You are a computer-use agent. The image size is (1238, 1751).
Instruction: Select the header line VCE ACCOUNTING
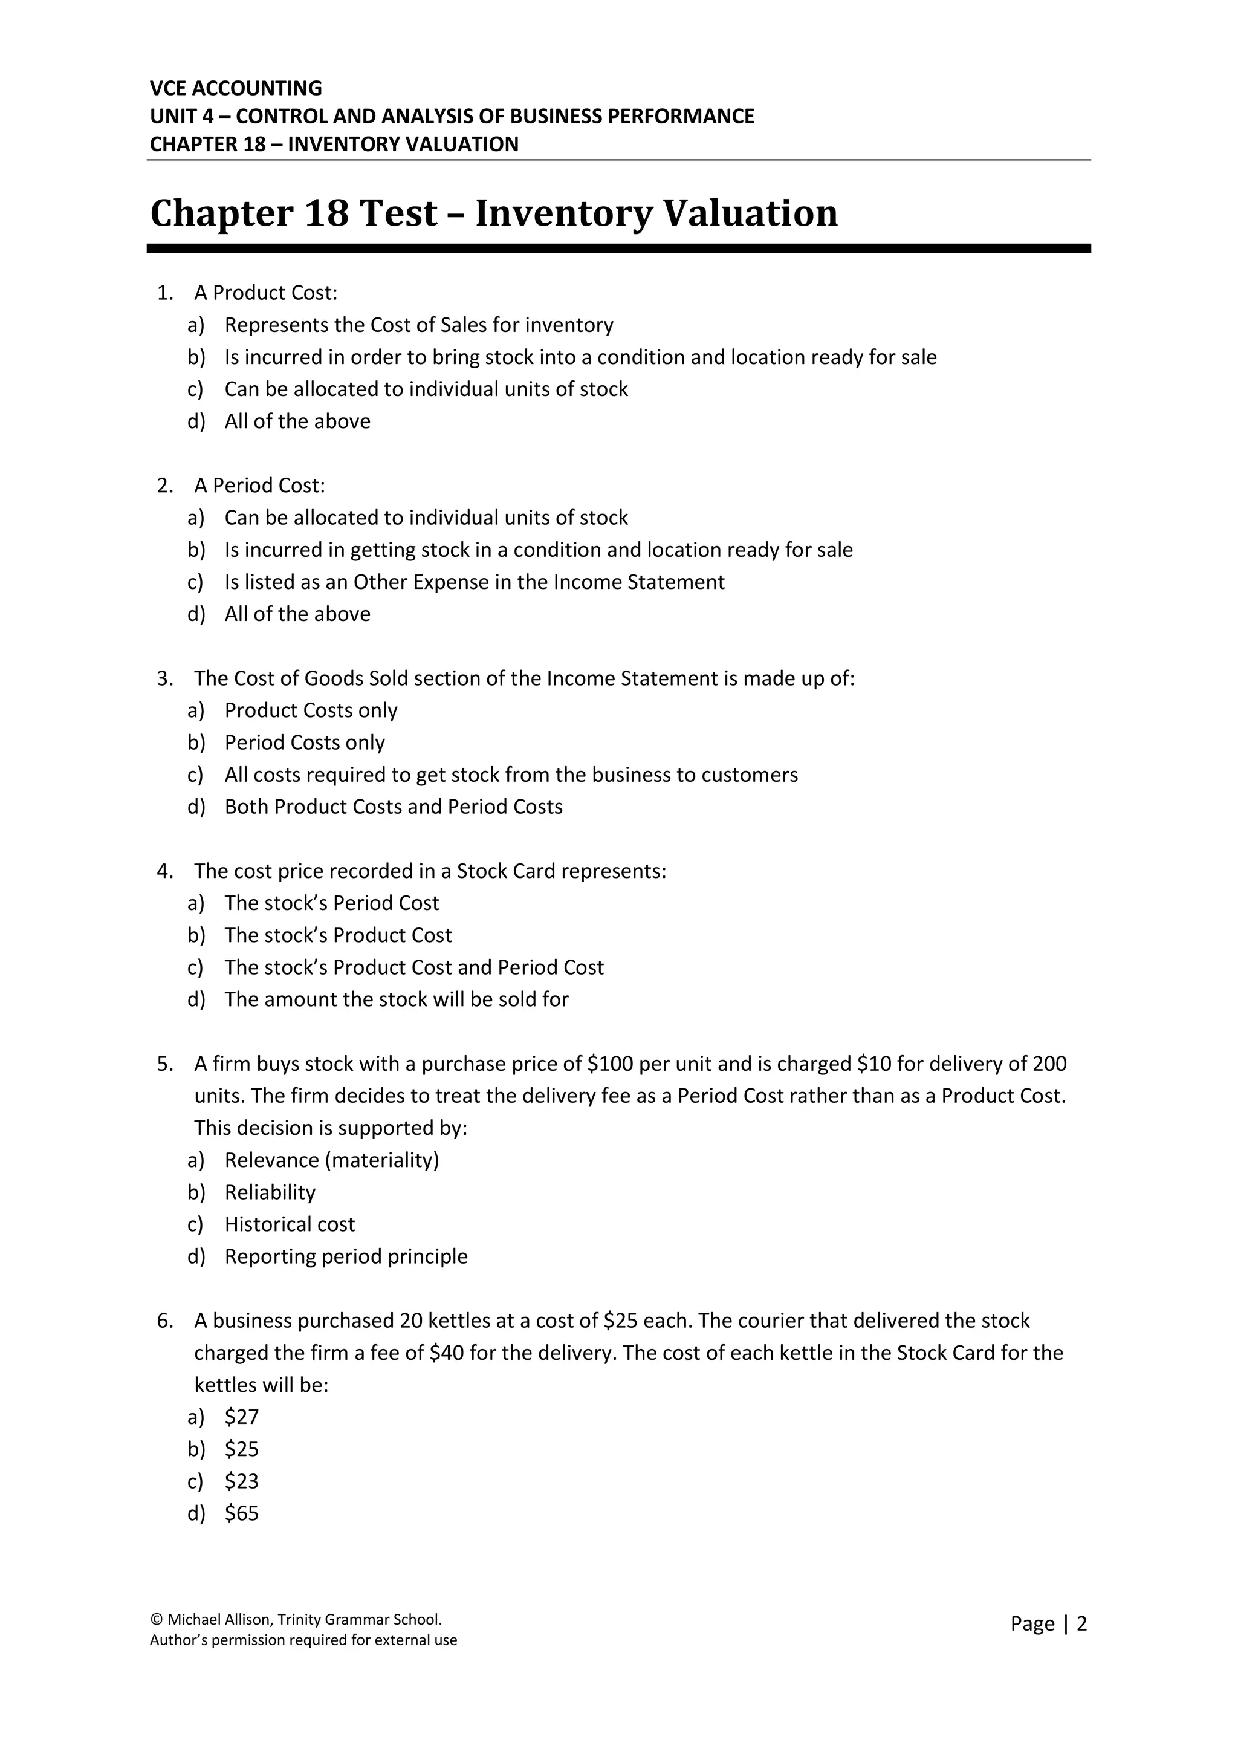(x=236, y=88)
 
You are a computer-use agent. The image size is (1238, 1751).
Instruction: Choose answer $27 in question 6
(x=242, y=1417)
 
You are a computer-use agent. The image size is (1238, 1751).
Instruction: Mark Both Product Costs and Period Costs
(x=394, y=807)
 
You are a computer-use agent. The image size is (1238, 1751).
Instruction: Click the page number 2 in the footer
(x=1081, y=1623)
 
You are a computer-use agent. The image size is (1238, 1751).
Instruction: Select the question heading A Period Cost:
(x=259, y=485)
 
